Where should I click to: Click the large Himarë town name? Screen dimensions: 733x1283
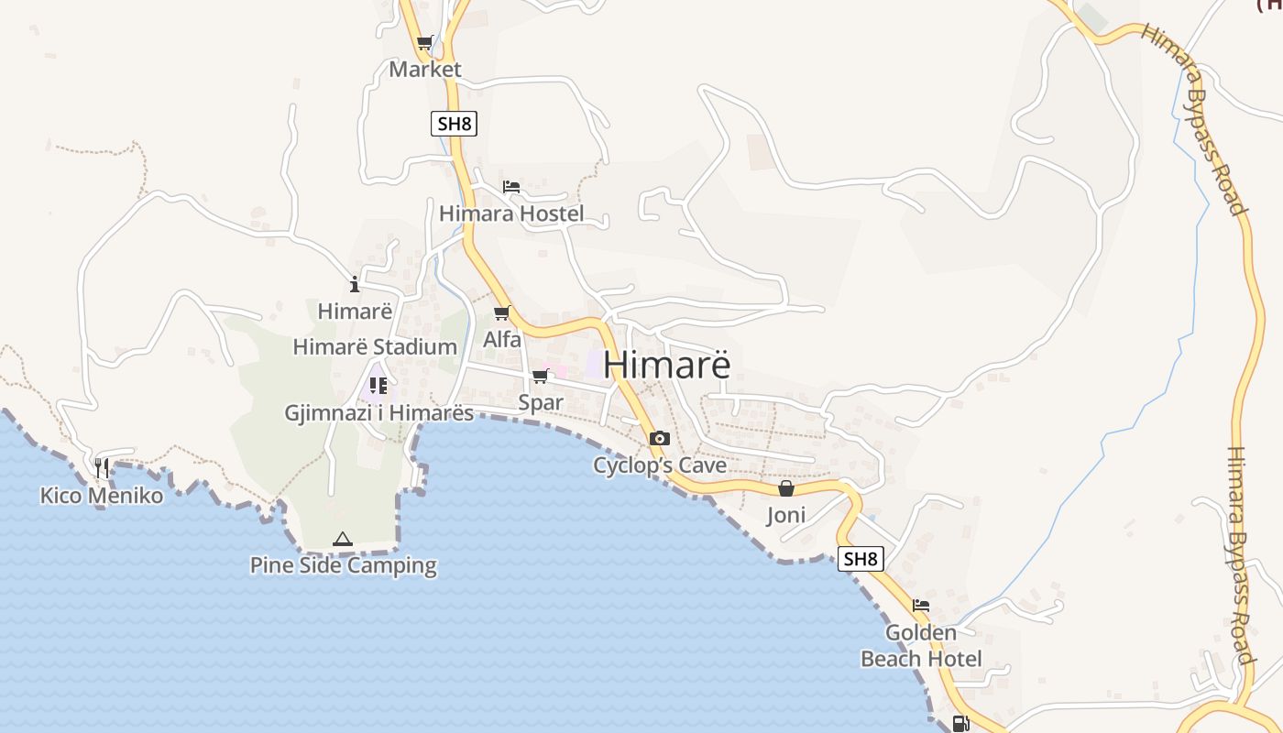click(x=667, y=365)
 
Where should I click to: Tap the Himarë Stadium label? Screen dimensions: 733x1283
click(x=375, y=347)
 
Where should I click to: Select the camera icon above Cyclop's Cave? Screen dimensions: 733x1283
click(x=659, y=439)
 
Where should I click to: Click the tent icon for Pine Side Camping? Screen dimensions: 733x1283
click(x=343, y=540)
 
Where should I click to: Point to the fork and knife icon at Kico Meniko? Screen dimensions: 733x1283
click(x=102, y=468)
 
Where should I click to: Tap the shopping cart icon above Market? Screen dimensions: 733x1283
click(x=424, y=43)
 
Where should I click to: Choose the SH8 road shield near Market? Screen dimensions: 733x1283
click(x=454, y=124)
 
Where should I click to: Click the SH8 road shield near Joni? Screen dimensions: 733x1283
click(x=861, y=558)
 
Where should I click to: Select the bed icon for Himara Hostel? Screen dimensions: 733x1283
click(x=511, y=187)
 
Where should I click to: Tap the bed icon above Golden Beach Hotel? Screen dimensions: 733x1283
click(x=921, y=606)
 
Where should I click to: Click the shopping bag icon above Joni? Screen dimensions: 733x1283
click(x=785, y=488)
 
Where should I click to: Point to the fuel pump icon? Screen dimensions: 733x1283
click(x=960, y=724)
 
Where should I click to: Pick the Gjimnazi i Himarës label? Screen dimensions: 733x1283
click(x=379, y=413)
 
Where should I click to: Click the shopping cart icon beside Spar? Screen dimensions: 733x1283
click(x=540, y=377)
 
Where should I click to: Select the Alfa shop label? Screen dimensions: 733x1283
click(x=502, y=340)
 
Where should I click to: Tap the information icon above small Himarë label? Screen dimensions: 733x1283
click(x=355, y=285)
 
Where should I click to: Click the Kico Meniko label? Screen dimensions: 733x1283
click(x=102, y=496)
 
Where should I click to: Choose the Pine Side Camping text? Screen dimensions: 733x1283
click(x=344, y=565)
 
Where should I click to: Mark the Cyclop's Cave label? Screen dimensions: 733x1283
click(x=660, y=465)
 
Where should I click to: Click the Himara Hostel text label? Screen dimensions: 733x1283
click(x=511, y=214)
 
